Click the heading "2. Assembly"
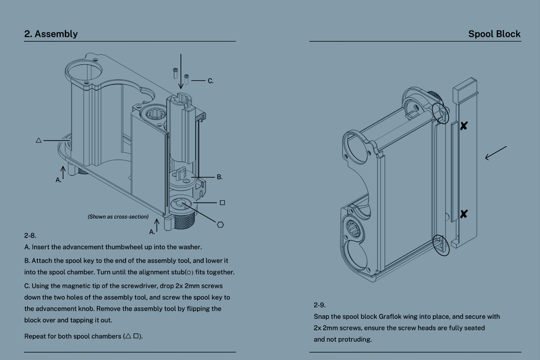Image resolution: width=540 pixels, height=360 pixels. coord(51,34)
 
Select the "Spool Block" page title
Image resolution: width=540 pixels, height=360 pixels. coord(494,34)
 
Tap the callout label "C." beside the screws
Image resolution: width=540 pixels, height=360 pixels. coord(211,81)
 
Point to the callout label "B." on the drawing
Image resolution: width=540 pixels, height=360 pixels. coord(219,177)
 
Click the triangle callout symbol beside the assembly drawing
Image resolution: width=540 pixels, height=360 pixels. coord(38,140)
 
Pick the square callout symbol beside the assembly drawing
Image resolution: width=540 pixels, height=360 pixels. coord(222,203)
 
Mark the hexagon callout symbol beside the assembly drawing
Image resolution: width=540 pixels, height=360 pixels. coord(221,224)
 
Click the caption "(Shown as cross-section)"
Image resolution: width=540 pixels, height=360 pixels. coord(118,217)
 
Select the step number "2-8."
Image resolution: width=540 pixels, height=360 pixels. coord(30,236)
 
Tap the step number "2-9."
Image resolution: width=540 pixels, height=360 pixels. coord(320,305)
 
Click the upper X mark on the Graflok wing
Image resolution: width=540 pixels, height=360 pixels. coord(464,126)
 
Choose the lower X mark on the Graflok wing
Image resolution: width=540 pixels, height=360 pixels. coord(464,214)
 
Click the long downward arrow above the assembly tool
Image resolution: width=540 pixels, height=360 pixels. coord(180,71)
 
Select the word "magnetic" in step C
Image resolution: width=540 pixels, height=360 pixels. coord(79,284)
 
